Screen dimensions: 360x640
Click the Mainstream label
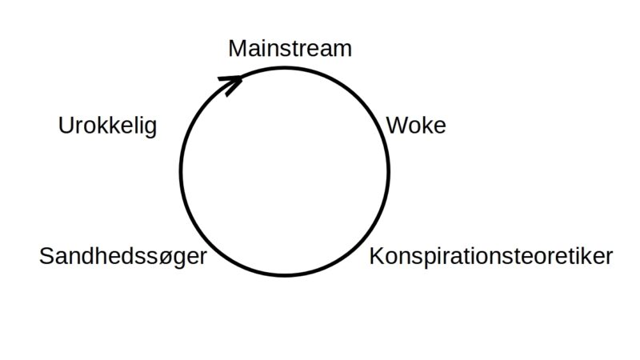click(x=290, y=48)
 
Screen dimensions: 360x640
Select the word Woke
click(x=415, y=126)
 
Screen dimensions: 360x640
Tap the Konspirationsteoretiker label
click(x=490, y=257)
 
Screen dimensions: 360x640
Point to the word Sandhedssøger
click(x=122, y=257)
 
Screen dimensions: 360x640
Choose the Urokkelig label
click(x=107, y=126)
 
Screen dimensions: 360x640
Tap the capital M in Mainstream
click(x=237, y=48)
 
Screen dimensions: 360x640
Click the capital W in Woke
click(x=396, y=126)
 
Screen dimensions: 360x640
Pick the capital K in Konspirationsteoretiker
click(x=377, y=257)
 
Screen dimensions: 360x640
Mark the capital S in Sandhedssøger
click(x=46, y=257)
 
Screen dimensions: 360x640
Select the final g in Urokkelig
click(x=150, y=129)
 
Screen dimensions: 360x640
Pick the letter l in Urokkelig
click(x=134, y=126)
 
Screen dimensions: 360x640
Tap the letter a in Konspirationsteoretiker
click(x=462, y=258)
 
